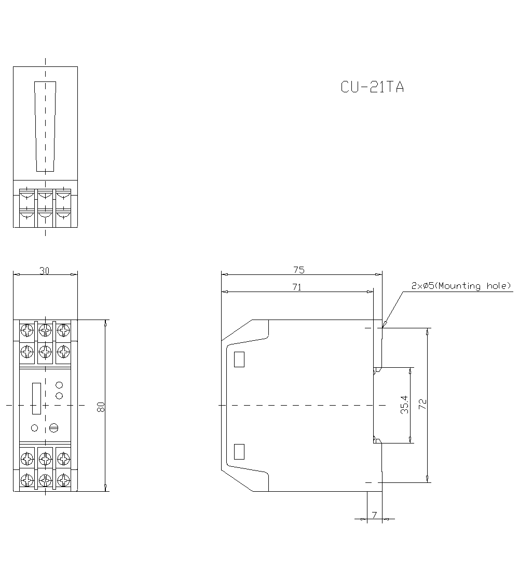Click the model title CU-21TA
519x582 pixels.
[x=372, y=87]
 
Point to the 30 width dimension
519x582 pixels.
[x=45, y=270]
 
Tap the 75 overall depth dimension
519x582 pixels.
[x=298, y=270]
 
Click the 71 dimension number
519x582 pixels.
[x=296, y=287]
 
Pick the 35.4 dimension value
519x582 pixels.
[x=404, y=405]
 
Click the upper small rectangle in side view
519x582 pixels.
[x=239, y=359]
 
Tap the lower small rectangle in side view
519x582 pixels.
[x=239, y=452]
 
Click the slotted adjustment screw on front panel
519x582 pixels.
[x=53, y=428]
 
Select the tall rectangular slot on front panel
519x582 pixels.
[x=36, y=398]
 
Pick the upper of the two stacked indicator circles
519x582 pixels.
[x=59, y=385]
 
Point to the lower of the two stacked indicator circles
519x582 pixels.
[x=59, y=396]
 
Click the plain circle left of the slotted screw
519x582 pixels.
[x=35, y=428]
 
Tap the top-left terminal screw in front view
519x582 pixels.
[x=26, y=329]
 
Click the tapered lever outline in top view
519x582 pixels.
[x=45, y=126]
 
